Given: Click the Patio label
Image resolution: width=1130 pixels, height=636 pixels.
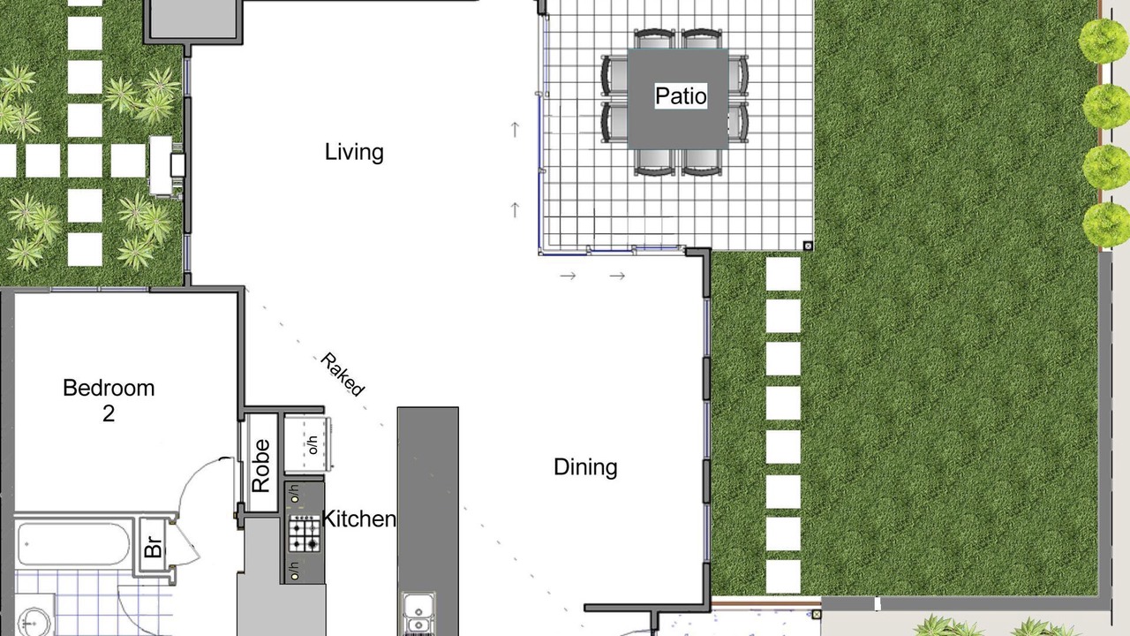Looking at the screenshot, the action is click(681, 96).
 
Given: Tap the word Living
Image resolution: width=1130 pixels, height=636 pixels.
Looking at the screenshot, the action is click(354, 153).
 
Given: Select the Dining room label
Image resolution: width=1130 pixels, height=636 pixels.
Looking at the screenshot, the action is click(585, 467).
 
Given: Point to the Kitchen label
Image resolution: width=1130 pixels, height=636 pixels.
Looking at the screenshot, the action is click(358, 519).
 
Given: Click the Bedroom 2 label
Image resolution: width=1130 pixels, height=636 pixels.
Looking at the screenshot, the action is click(109, 400).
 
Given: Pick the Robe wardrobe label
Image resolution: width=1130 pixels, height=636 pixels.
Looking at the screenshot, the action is click(260, 466).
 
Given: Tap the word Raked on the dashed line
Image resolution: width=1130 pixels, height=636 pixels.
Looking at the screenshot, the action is click(342, 375).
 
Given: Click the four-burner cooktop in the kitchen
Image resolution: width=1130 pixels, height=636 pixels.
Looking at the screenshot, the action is click(305, 533).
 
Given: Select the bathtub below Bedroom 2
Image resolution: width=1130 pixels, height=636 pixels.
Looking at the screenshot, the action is click(73, 543).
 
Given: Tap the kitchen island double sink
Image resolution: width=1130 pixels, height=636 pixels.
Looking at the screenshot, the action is click(418, 614).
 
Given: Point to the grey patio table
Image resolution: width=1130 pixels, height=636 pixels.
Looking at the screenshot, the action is click(677, 99).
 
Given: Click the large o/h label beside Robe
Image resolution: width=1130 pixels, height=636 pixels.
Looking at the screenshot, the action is click(313, 444).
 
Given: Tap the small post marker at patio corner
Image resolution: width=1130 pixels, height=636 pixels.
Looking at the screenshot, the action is click(808, 246).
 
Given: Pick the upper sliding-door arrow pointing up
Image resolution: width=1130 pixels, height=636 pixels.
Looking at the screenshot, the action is click(515, 130).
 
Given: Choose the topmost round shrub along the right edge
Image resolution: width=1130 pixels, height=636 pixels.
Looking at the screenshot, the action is click(1104, 41).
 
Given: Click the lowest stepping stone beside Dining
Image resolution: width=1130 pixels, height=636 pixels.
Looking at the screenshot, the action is click(783, 577).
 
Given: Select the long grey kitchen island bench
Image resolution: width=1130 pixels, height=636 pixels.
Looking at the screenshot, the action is click(428, 521).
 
